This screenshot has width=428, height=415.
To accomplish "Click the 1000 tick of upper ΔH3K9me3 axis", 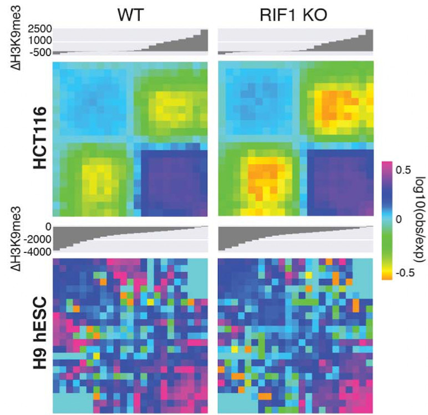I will [x=37, y=40].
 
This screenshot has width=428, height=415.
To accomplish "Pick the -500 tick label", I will [x=39, y=52].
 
